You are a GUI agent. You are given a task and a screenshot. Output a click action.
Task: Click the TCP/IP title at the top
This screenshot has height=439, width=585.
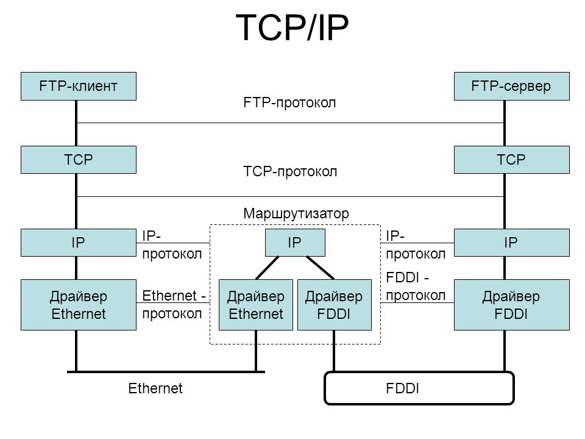tap(292, 27)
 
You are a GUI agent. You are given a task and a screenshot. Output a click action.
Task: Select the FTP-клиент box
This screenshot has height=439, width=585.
tap(79, 86)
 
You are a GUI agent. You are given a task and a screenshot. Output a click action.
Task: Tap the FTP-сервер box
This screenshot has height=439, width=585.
tap(511, 86)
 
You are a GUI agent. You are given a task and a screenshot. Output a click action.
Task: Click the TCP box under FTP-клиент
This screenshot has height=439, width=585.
tap(79, 160)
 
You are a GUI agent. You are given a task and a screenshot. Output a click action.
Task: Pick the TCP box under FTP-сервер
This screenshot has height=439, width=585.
tap(511, 160)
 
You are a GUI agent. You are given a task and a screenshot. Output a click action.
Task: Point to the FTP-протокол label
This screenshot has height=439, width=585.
tap(289, 102)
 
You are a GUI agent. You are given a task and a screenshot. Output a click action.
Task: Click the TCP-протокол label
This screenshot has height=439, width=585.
tap(290, 172)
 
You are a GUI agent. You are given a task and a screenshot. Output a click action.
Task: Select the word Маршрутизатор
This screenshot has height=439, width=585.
tap(296, 213)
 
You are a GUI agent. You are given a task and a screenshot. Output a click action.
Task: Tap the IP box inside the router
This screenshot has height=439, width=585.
tap(295, 243)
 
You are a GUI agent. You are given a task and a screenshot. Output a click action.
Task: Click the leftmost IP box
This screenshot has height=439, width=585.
tap(79, 243)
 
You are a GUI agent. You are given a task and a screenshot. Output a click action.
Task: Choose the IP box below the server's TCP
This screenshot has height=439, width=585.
tap(511, 243)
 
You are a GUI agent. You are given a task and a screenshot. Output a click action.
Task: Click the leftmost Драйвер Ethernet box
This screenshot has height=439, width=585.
tap(79, 305)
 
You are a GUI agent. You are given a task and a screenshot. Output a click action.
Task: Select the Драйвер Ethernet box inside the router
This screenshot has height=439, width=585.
tap(255, 305)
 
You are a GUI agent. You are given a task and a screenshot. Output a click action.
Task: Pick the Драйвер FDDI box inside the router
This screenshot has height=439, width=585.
tap(335, 305)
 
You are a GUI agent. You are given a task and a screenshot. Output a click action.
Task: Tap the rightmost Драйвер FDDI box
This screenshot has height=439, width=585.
tap(511, 305)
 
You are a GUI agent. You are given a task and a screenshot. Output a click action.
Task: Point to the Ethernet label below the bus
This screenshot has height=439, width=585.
tap(155, 388)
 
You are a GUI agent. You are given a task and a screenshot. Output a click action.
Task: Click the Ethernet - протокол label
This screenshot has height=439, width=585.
tap(174, 305)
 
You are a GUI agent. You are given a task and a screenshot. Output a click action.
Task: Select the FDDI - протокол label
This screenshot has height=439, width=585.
tap(416, 287)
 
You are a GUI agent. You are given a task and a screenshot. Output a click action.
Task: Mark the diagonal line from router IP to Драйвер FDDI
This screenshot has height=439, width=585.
tap(320, 268)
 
